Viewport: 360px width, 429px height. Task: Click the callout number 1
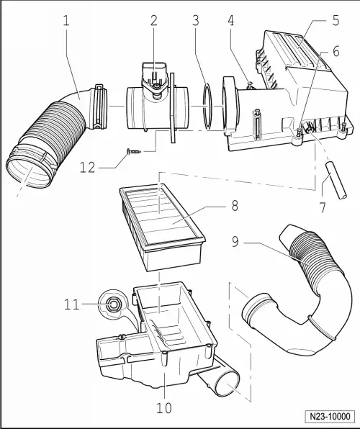66,21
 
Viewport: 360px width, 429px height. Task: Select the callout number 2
153,21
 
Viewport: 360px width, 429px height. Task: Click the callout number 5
336,21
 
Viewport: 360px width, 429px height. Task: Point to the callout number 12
88,167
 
